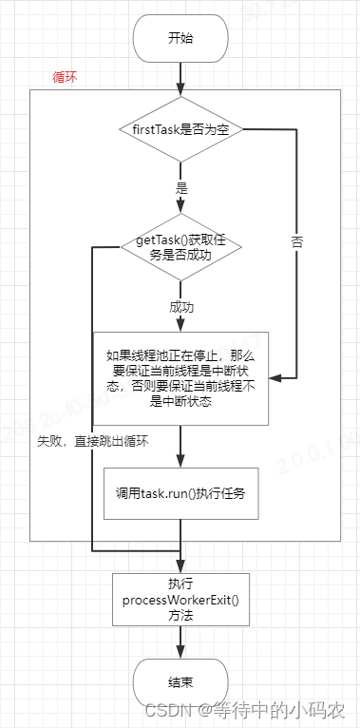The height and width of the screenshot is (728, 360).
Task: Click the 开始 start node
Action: click(180, 39)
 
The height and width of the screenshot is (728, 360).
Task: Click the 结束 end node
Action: click(180, 681)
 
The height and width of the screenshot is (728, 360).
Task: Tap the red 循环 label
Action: click(65, 78)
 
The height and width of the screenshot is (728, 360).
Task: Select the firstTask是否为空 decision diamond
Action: click(180, 127)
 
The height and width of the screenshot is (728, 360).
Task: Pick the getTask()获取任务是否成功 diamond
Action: click(180, 248)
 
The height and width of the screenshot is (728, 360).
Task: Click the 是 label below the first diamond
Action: click(181, 187)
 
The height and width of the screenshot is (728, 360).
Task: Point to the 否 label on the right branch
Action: click(296, 242)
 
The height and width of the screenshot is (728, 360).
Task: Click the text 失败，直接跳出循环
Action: click(93, 441)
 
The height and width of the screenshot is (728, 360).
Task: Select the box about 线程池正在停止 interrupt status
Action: click(180, 378)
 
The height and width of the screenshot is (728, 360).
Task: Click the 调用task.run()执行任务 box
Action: click(180, 493)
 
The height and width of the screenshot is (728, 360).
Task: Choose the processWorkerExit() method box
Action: click(180, 600)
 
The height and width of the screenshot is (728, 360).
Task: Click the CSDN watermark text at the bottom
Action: click(280, 709)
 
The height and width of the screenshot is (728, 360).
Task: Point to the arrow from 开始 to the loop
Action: click(180, 76)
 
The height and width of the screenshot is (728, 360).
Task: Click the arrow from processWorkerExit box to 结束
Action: click(180, 642)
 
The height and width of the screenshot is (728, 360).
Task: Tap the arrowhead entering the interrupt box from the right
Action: click(275, 377)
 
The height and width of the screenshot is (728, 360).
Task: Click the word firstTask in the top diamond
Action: click(152, 127)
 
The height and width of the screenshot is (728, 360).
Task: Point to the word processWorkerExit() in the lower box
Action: click(180, 600)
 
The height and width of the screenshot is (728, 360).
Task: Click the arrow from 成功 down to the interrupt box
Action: click(180, 323)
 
